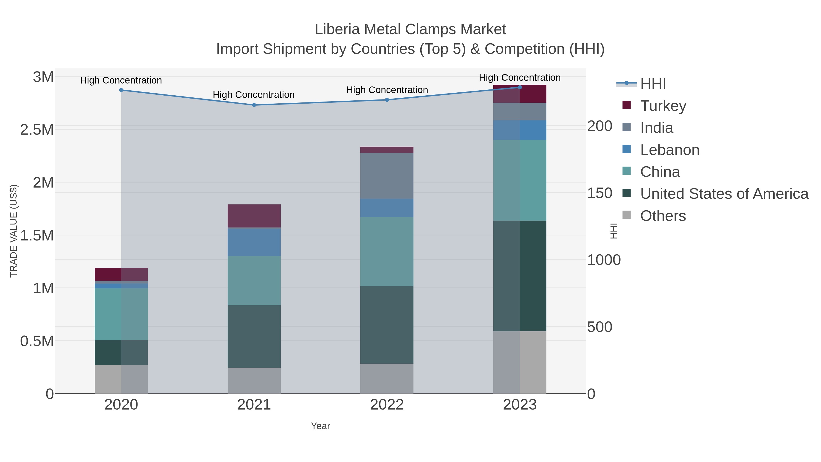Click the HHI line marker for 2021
coord(254,105)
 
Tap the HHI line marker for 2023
coord(520,87)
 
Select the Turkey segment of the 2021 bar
coord(254,216)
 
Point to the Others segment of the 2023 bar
coord(520,362)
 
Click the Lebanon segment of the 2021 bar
coord(254,242)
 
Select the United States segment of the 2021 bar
coord(254,336)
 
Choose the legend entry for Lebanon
coord(669,150)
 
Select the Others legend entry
coord(663,216)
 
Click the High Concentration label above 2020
coord(121,80)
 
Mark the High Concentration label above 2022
coord(387,90)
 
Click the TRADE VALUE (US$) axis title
coord(13,231)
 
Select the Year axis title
coord(320,426)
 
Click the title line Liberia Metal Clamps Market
coord(410,29)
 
